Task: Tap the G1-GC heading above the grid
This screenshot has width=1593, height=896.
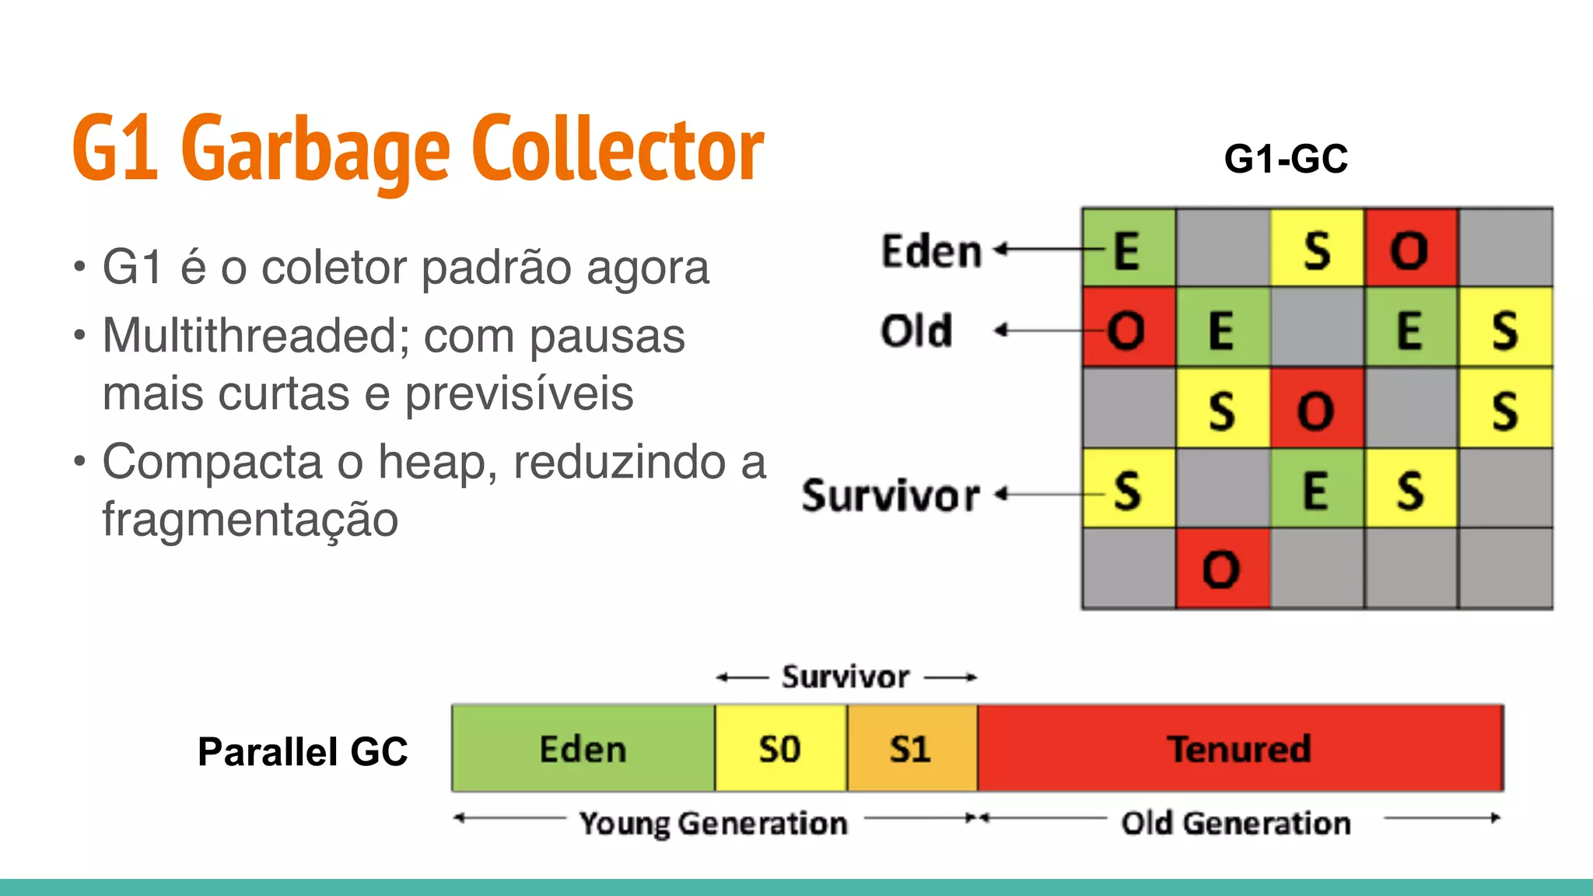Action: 1285,159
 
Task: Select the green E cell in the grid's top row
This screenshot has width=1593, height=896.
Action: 1129,249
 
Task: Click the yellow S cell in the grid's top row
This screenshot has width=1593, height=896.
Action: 1317,249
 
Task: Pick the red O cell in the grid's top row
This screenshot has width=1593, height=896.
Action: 1410,249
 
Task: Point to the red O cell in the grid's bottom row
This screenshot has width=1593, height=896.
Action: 1222,569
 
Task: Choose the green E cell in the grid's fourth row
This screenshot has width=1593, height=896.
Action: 1316,490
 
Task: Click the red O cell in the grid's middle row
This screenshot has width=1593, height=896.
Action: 1316,409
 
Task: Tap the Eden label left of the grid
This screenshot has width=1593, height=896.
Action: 931,251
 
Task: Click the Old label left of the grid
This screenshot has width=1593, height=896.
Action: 916,331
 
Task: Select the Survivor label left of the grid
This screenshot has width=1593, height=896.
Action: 891,495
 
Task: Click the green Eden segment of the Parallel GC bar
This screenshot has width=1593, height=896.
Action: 583,749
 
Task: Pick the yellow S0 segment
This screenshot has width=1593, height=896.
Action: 780,749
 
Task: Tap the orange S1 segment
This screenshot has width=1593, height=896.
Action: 911,749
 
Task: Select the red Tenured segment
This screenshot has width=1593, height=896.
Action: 1240,749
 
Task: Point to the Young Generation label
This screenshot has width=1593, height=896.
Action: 713,823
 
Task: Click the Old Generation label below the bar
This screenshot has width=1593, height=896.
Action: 1236,823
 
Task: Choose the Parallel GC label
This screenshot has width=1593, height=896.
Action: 303,751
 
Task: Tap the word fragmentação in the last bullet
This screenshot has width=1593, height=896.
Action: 250,519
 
